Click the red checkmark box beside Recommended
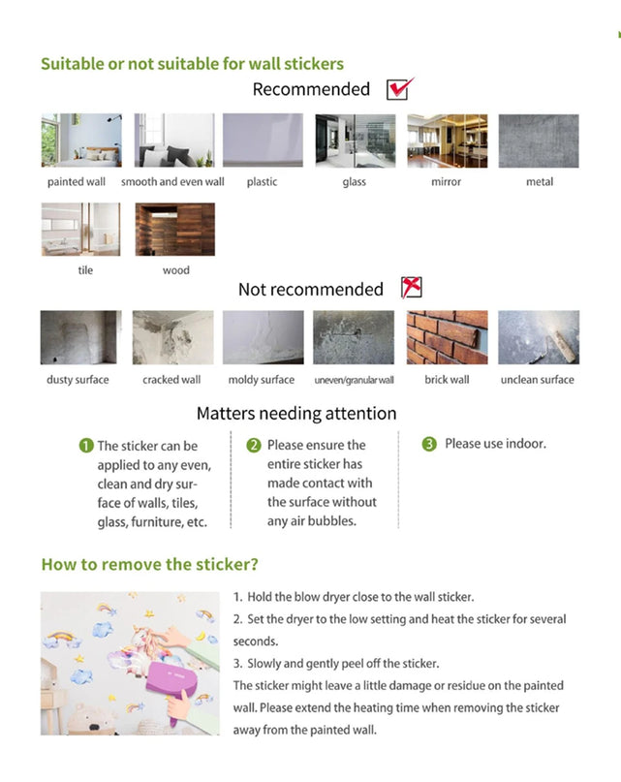(398, 89)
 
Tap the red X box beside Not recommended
(411, 288)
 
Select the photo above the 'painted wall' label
(80, 141)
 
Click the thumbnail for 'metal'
(539, 141)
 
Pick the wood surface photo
(175, 230)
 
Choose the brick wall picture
(447, 337)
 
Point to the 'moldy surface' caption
(261, 380)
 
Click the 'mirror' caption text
(446, 182)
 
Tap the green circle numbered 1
(85, 446)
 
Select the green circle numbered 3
(429, 444)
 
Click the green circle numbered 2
(254, 446)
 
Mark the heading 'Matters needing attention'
(296, 414)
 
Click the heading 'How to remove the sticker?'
(149, 564)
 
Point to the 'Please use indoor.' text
(495, 444)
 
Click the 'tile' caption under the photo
(85, 270)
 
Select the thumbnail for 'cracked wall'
(171, 337)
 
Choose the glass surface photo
(355, 141)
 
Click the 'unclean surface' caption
(537, 380)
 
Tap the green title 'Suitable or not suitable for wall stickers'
(192, 64)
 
